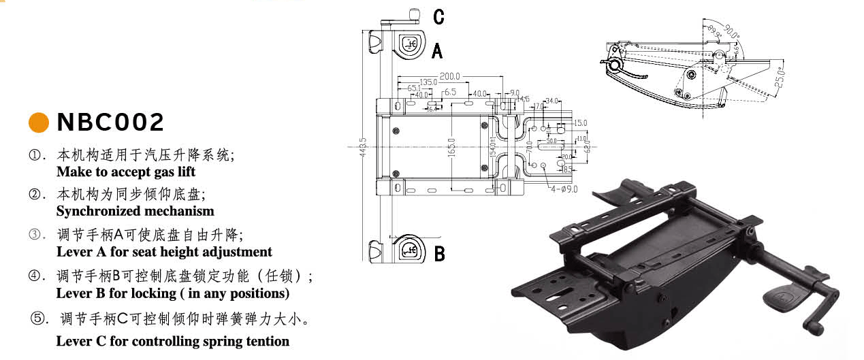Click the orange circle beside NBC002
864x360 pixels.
coord(39,122)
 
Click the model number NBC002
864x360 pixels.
coord(111,122)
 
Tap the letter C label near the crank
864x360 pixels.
coord(438,17)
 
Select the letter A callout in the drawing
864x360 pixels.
coord(438,50)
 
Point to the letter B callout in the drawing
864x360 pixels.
coord(440,254)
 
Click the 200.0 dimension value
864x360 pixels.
coord(449,76)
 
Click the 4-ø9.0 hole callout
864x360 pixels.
coord(564,189)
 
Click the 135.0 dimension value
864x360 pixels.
coord(428,82)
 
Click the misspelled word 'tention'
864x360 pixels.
coord(268,341)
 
